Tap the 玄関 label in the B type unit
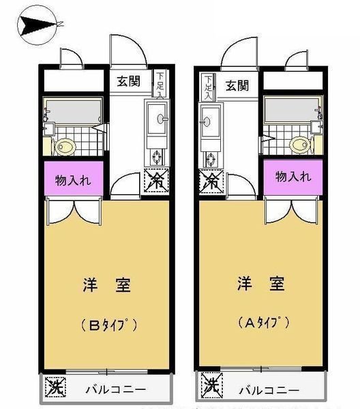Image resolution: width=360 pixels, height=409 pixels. click(x=128, y=81)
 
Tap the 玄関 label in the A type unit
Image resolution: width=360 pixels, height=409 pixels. click(x=237, y=86)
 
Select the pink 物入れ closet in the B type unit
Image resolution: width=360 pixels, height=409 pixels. click(x=74, y=178)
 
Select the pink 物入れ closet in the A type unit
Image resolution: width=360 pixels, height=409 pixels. click(x=293, y=177)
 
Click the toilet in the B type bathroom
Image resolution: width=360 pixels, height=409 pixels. click(x=65, y=147)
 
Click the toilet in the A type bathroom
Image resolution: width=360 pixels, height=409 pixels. click(x=300, y=145)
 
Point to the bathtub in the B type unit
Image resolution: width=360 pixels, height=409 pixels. click(x=74, y=110)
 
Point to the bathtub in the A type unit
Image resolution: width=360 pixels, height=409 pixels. click(x=291, y=109)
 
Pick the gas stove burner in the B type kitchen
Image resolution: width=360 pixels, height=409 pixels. click(x=157, y=157)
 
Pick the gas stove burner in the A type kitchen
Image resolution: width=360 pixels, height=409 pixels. click(x=210, y=159)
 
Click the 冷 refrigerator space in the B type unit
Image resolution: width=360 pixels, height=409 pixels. click(x=156, y=180)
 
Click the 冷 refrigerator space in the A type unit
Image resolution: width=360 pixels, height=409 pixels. click(x=211, y=182)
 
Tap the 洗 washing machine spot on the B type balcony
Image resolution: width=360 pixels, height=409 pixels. click(x=55, y=387)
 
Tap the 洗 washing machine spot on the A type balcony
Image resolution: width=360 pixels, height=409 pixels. click(x=212, y=386)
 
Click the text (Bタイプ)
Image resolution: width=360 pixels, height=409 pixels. click(x=109, y=324)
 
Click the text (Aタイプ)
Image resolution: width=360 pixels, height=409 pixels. click(x=263, y=322)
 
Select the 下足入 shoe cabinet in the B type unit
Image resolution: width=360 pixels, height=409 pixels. click(x=160, y=84)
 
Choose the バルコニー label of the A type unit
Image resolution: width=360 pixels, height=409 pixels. click(x=269, y=391)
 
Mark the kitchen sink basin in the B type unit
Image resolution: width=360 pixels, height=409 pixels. click(x=157, y=118)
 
